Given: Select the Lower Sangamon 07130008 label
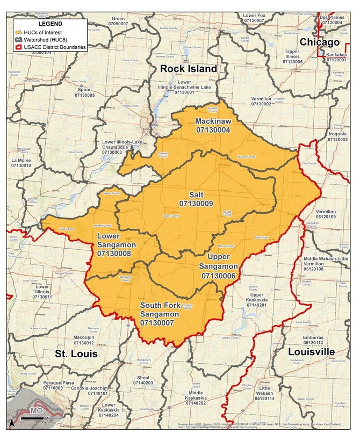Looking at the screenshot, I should pyautogui.click(x=116, y=244).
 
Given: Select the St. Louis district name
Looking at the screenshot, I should pyautogui.click(x=76, y=353).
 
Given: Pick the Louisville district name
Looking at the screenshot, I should pyautogui.click(x=311, y=352).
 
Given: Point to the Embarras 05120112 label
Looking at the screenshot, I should pyautogui.click(x=313, y=338).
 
